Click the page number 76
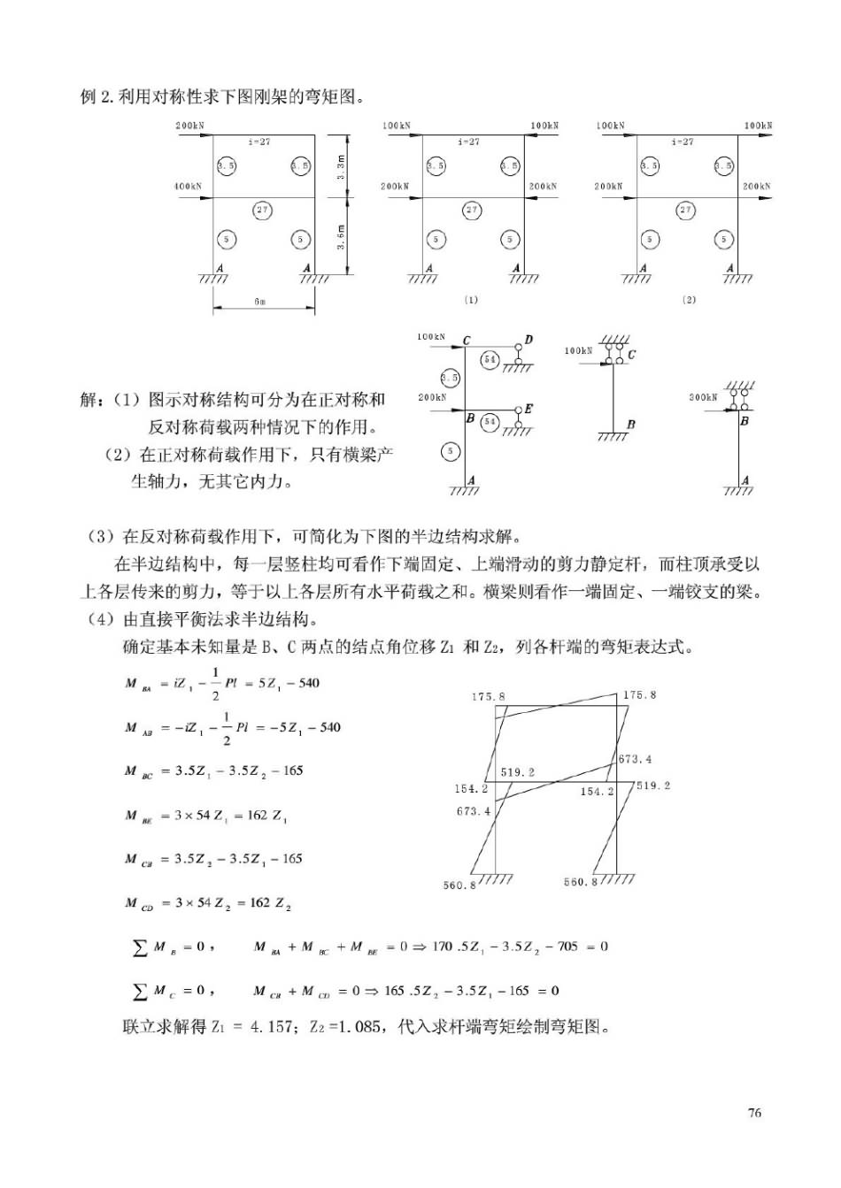754,1113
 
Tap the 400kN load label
188,187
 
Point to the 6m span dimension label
259,303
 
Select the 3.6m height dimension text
342,236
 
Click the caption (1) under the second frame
471,300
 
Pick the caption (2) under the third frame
689,300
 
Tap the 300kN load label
703,397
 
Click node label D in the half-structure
529,340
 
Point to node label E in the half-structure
529,409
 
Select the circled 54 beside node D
490,358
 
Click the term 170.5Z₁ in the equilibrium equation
454,947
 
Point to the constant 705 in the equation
567,947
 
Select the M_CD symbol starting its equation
138,903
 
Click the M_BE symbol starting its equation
138,816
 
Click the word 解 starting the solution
89,400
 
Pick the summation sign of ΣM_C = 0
139,992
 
